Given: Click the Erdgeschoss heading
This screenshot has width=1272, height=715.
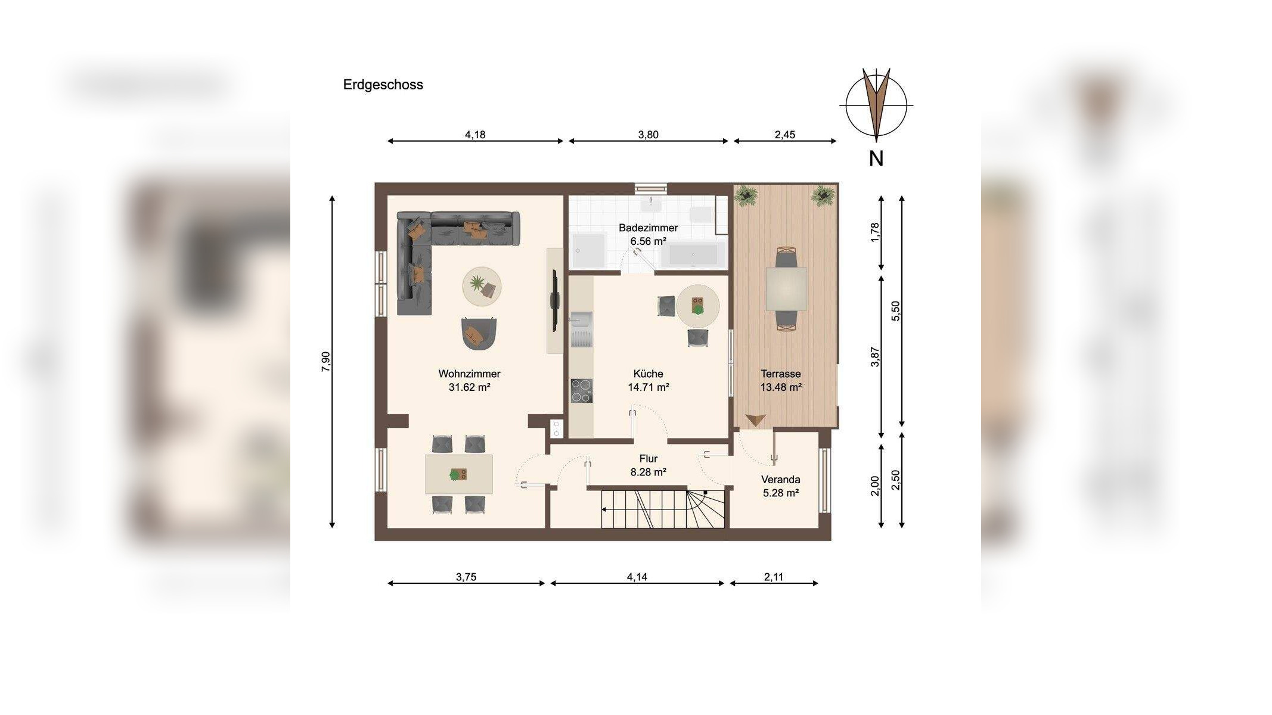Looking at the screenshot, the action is click(383, 85).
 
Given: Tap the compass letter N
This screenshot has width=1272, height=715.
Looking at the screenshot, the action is click(876, 158).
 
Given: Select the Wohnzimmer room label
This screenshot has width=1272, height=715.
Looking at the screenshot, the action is click(469, 374).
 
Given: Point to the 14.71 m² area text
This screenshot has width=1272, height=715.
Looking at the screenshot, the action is click(648, 387).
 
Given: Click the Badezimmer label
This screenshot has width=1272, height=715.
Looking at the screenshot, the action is click(648, 228).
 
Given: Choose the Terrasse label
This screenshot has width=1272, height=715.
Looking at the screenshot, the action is click(780, 374).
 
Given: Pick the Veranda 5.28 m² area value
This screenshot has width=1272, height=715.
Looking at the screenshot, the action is click(780, 493).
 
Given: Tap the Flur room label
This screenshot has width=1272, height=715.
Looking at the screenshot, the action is click(648, 459).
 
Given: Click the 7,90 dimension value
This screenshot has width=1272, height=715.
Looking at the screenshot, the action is click(325, 362).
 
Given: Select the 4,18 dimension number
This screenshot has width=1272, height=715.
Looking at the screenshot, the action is click(475, 135).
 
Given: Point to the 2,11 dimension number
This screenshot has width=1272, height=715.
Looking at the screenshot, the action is click(773, 577).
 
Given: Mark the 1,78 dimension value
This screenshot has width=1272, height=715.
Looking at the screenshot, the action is click(874, 232).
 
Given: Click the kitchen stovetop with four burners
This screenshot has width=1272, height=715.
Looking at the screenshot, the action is click(581, 391).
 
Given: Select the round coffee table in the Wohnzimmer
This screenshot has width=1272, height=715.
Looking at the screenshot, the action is click(482, 286).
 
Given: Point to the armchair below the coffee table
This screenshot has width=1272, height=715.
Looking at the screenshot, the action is click(479, 334).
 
